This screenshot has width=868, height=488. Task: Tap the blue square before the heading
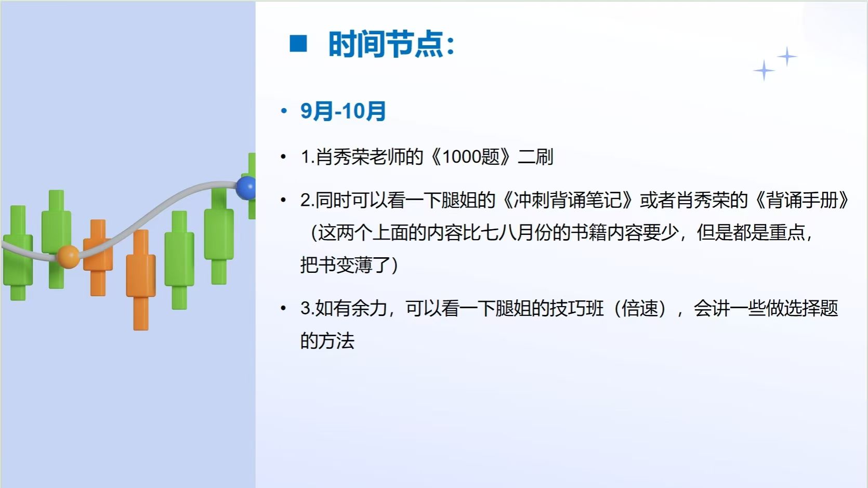pyautogui.click(x=298, y=44)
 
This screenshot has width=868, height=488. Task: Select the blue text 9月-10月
pyautogui.click(x=343, y=111)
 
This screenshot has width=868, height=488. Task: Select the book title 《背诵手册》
pyautogui.click(x=802, y=201)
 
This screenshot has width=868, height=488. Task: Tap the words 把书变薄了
pyautogui.click(x=345, y=266)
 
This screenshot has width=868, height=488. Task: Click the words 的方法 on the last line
pyautogui.click(x=327, y=341)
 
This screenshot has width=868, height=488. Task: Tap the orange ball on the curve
pyautogui.click(x=68, y=257)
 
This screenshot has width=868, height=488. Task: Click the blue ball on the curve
pyautogui.click(x=246, y=188)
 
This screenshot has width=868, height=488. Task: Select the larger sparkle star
pyautogui.click(x=764, y=71)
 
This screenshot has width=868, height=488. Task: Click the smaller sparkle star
pyautogui.click(x=787, y=57)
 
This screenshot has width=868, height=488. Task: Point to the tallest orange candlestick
pyautogui.click(x=141, y=280)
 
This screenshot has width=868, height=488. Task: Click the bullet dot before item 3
pyautogui.click(x=284, y=309)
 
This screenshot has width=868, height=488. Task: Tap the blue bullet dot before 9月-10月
pyautogui.click(x=284, y=112)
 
